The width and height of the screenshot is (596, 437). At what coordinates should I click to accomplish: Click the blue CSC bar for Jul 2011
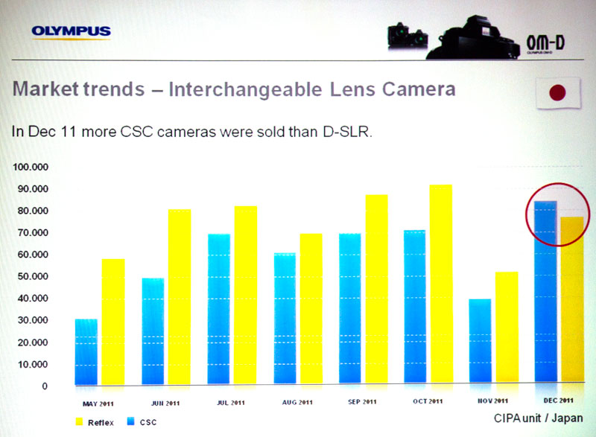[218, 309]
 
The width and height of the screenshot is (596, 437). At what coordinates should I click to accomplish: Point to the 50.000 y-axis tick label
[30, 276]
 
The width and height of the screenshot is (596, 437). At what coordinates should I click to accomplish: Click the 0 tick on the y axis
[43, 386]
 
